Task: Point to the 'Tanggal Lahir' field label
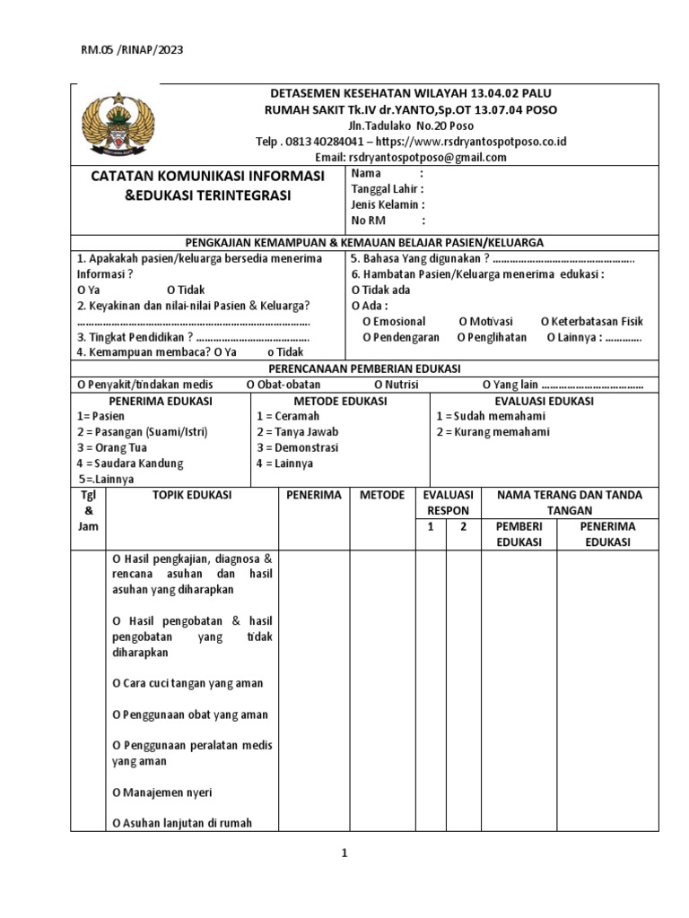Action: coord(388,189)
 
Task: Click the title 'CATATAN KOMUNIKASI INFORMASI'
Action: coord(207,177)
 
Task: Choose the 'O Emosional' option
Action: coord(394,321)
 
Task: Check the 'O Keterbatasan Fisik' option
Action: coord(592,321)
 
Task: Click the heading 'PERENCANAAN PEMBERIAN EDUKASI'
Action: coord(364,368)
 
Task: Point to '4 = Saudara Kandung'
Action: coord(130,463)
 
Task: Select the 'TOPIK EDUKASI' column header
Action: coord(192,495)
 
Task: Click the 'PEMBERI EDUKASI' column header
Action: coord(519,534)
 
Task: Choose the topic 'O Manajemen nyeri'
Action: coord(162,792)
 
